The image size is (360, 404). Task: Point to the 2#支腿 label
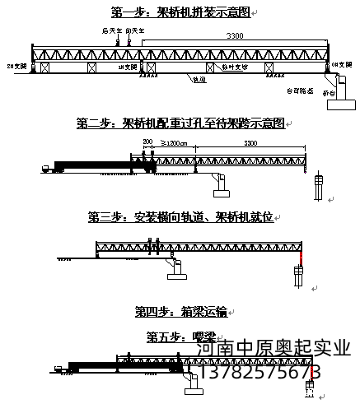point(16,64)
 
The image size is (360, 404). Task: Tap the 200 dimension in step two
point(147,143)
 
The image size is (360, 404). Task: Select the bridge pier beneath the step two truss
point(222,187)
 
